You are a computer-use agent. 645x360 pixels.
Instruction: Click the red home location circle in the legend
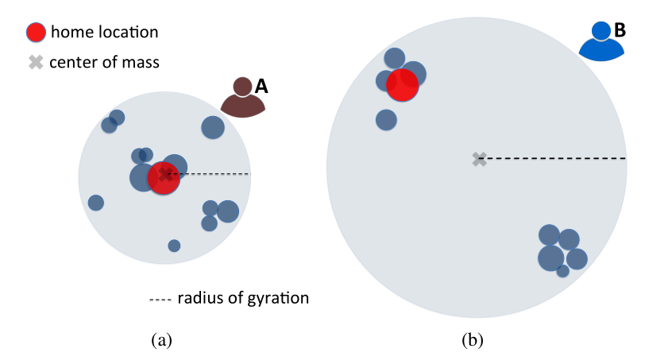[x=36, y=33]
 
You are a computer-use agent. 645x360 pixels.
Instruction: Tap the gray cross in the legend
[x=35, y=62]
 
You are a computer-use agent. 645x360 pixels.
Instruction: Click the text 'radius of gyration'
[x=243, y=298]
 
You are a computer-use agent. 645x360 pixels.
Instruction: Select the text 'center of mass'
[x=104, y=62]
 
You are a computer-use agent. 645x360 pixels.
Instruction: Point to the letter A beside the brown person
[x=261, y=87]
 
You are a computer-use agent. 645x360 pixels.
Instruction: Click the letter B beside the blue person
[x=620, y=31]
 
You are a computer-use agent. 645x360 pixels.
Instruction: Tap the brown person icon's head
[x=242, y=86]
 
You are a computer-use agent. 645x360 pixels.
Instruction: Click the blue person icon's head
[x=601, y=30]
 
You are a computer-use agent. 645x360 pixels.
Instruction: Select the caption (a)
[x=161, y=340]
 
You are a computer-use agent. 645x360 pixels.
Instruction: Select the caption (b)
[x=473, y=340]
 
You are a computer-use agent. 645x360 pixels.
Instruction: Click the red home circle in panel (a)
[x=164, y=179]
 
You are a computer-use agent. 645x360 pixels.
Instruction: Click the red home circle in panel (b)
[x=402, y=85]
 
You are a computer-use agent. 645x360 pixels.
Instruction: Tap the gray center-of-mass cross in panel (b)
[x=479, y=160]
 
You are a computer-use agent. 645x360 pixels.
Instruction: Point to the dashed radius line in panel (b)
[x=556, y=159]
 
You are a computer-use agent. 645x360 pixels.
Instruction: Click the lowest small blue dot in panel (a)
[x=174, y=246]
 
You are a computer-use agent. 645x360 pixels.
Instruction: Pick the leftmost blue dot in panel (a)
[x=96, y=203]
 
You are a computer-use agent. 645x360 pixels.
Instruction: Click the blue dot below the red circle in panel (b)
[x=386, y=120]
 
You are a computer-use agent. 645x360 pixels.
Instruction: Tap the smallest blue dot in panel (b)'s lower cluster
[x=562, y=271]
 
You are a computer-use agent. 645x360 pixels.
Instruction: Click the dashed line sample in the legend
[x=160, y=299]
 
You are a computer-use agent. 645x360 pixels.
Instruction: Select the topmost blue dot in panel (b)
[x=395, y=58]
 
